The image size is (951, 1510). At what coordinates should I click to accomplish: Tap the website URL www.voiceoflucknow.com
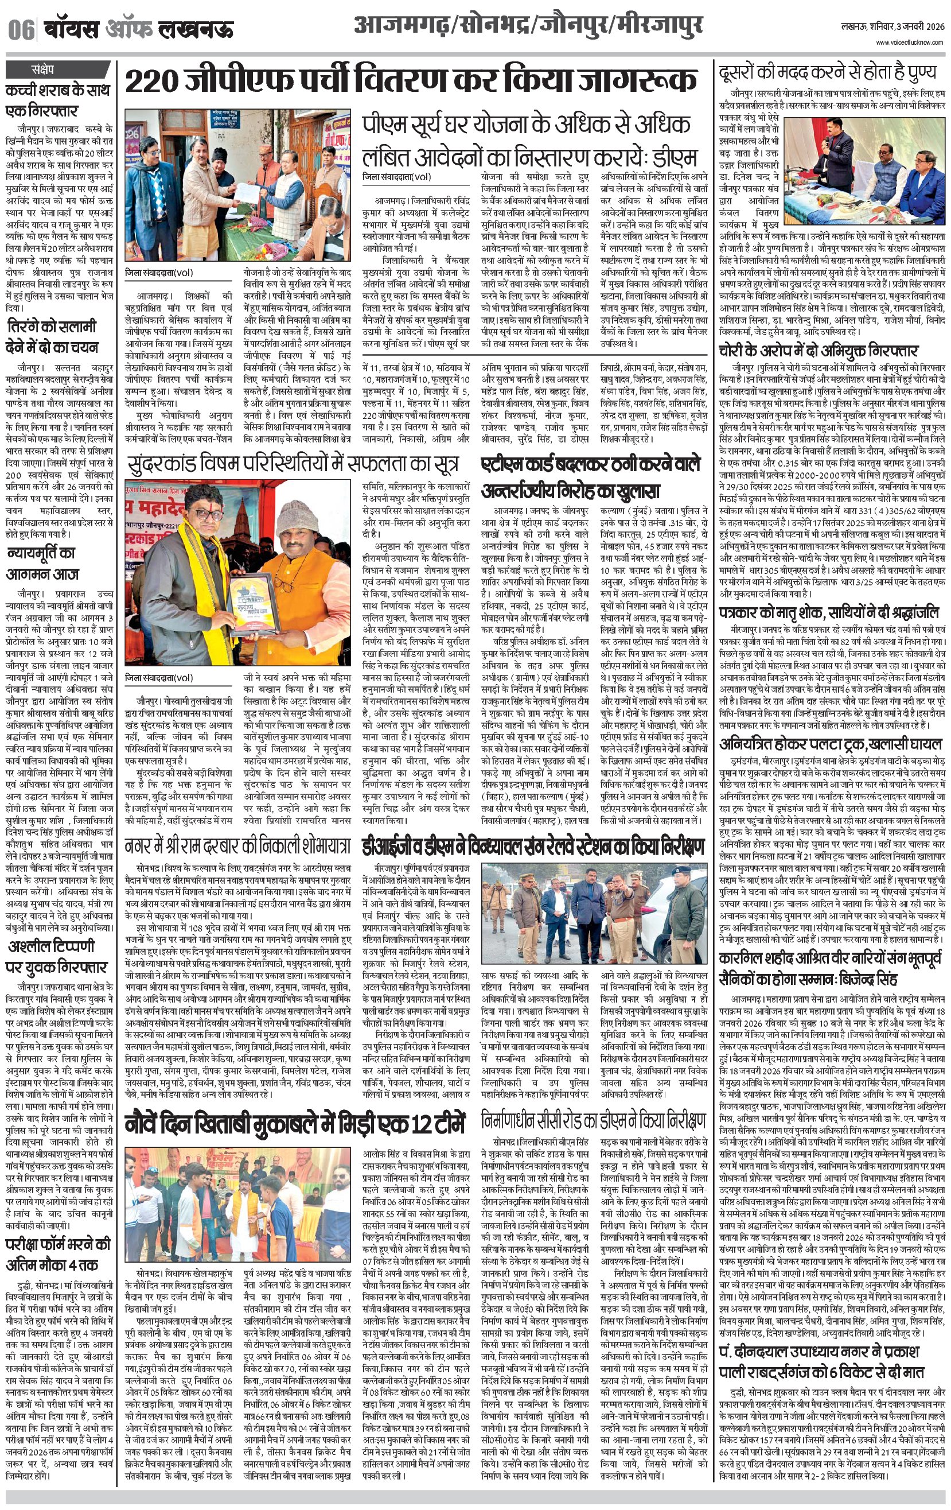point(910,42)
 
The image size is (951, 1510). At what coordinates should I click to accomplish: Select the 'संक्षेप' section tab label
point(43,68)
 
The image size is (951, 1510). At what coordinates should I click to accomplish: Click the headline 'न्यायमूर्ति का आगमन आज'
point(42,563)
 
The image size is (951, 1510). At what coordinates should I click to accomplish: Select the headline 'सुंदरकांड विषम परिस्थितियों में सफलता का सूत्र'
point(292,465)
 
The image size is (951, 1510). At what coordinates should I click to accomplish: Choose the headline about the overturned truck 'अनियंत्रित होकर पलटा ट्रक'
point(831,744)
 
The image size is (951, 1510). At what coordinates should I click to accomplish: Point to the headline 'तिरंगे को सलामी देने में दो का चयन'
point(53,337)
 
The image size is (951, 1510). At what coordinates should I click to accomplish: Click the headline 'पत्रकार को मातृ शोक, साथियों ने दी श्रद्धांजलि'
point(829,612)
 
